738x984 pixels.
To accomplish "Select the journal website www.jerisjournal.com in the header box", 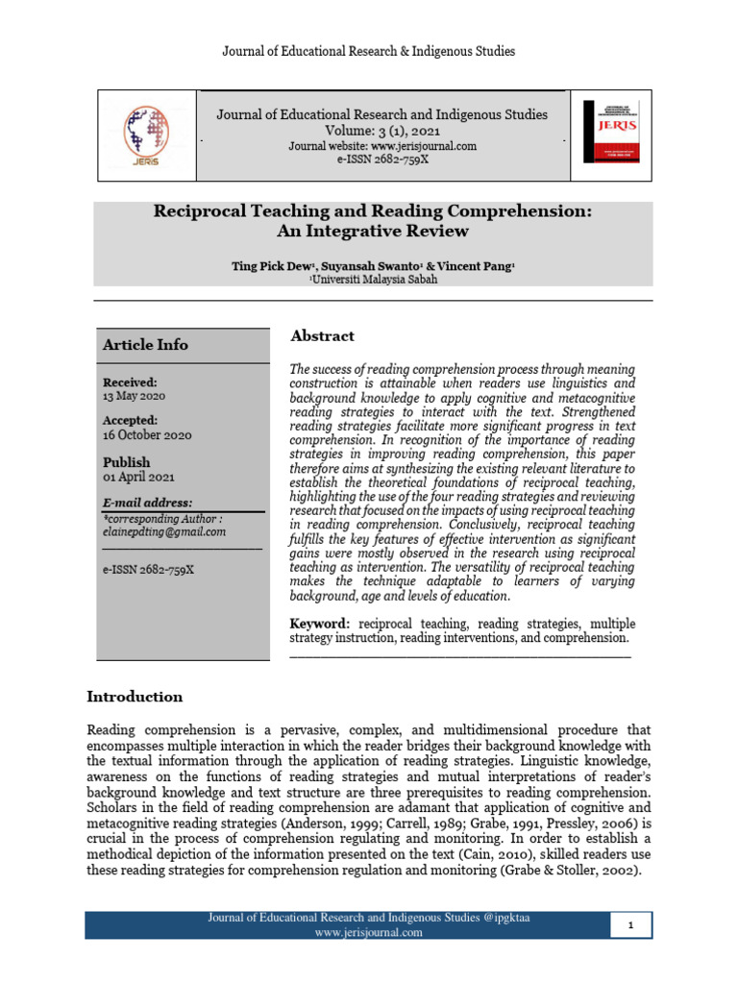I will (x=382, y=146).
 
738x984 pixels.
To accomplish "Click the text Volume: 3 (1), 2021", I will (x=381, y=131).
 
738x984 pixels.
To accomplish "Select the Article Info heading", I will (x=146, y=345).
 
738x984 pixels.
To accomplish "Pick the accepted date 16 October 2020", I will (x=147, y=434).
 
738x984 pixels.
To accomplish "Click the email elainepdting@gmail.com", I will (x=164, y=531).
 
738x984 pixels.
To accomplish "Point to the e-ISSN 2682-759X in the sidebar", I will (x=149, y=569).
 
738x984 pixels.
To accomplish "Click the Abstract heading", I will (x=322, y=336).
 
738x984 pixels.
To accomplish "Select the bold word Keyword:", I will (x=321, y=624).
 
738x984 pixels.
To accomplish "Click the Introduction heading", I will (x=135, y=697).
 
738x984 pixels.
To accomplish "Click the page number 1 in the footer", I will (x=631, y=924).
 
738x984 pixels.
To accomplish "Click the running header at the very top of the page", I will (x=369, y=49).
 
